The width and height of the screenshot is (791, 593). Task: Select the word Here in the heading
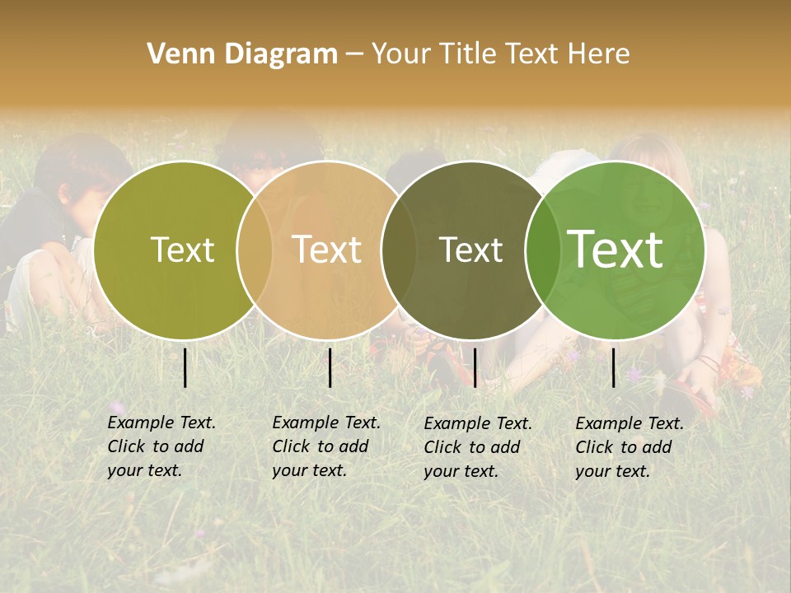[600, 54]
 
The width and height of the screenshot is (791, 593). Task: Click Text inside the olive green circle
[182, 250]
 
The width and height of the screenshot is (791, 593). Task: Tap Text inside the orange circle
[326, 250]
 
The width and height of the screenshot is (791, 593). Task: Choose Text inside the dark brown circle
[470, 250]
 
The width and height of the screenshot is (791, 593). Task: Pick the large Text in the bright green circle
[615, 250]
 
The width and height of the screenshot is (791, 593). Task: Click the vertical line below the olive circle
[185, 367]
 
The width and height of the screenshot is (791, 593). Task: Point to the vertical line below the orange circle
[330, 367]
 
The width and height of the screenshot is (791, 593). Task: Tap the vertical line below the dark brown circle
[475, 367]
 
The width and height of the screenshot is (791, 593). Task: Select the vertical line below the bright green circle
[614, 367]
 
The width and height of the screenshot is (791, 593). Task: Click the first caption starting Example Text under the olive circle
[161, 446]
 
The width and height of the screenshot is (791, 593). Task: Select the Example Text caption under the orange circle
[326, 446]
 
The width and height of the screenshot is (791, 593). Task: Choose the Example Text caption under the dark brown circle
[478, 447]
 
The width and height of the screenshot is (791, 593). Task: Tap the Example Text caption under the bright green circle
[630, 447]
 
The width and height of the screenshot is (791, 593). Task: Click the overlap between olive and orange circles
[255, 250]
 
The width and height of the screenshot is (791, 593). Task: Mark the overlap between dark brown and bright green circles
[543, 250]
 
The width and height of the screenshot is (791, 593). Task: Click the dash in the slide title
[354, 55]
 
